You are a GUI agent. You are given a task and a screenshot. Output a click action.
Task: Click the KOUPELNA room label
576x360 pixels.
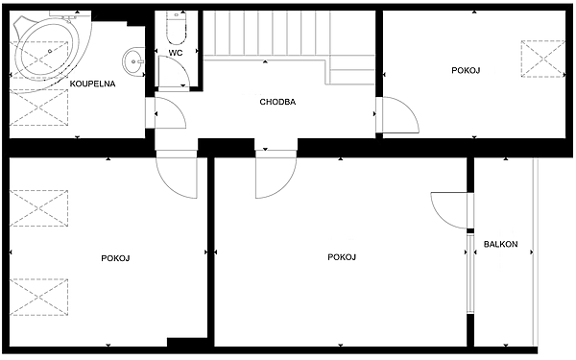pyautogui.click(x=92, y=84)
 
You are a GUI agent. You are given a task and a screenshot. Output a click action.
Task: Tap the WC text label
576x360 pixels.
pyautogui.click(x=176, y=53)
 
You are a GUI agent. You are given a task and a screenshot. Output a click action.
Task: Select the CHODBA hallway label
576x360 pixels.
pyautogui.click(x=277, y=102)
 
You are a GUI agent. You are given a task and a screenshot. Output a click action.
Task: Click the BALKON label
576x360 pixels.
pyautogui.click(x=501, y=244)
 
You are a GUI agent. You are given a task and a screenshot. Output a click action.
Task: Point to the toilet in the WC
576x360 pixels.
pyautogui.click(x=177, y=28)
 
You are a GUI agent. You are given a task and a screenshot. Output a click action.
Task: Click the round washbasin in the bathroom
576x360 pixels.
pyautogui.click(x=133, y=62)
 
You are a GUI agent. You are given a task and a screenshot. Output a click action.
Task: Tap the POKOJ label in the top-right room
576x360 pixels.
pyautogui.click(x=467, y=70)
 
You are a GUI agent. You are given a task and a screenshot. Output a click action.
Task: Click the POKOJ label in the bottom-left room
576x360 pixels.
pyautogui.click(x=116, y=258)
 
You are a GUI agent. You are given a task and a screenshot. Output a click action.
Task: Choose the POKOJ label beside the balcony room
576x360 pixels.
pyautogui.click(x=342, y=256)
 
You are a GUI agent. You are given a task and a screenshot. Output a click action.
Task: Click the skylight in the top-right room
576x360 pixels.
pyautogui.click(x=543, y=59)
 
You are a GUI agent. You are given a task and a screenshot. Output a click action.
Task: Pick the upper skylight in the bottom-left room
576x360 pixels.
pyautogui.click(x=38, y=208)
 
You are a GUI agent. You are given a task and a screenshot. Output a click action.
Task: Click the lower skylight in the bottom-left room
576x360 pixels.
pyautogui.click(x=38, y=297)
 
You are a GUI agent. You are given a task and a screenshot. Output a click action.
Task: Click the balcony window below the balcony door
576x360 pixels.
pyautogui.click(x=470, y=274)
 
